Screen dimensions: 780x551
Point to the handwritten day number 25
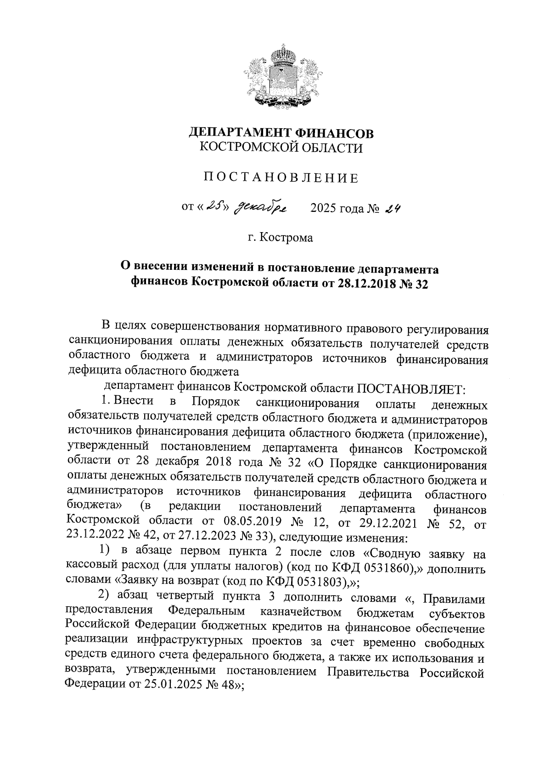tap(212, 208)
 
